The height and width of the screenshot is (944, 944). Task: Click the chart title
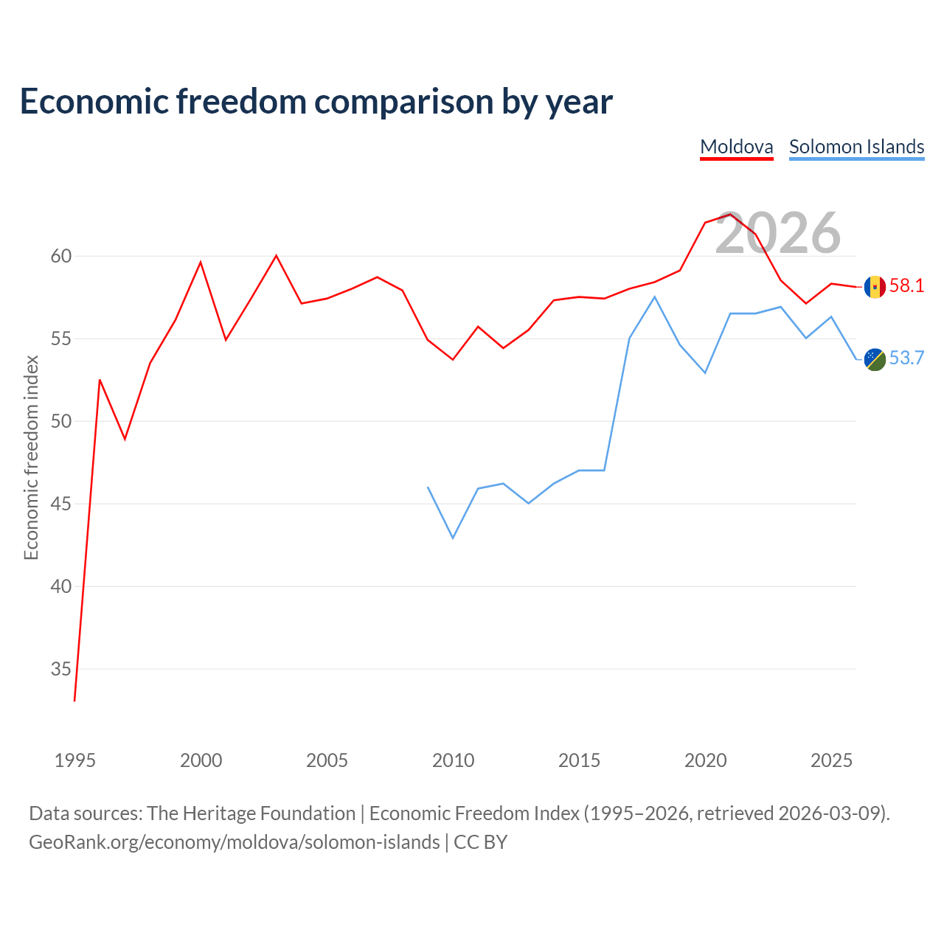tap(316, 102)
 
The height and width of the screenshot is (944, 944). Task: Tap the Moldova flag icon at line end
tap(875, 287)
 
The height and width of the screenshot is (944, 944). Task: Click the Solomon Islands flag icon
tap(875, 360)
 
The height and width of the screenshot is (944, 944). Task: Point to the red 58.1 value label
tap(906, 285)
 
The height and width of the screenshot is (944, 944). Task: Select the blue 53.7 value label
tap(906, 358)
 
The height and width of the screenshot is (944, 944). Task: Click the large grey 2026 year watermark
tap(778, 233)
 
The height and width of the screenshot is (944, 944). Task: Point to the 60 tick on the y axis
tap(60, 256)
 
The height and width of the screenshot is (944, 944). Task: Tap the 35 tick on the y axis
tap(60, 669)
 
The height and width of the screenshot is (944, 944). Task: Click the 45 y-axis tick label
tap(60, 504)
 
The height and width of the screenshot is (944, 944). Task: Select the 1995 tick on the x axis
tap(75, 760)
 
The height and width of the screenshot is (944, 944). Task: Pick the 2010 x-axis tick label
tap(453, 760)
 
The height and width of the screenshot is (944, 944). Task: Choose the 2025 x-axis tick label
tap(831, 760)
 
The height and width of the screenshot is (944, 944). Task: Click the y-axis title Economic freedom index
tap(31, 457)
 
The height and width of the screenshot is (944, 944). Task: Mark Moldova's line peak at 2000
tap(201, 262)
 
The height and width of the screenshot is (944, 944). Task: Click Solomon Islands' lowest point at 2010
tap(453, 538)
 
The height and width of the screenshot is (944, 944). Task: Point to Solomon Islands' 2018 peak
tap(654, 297)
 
